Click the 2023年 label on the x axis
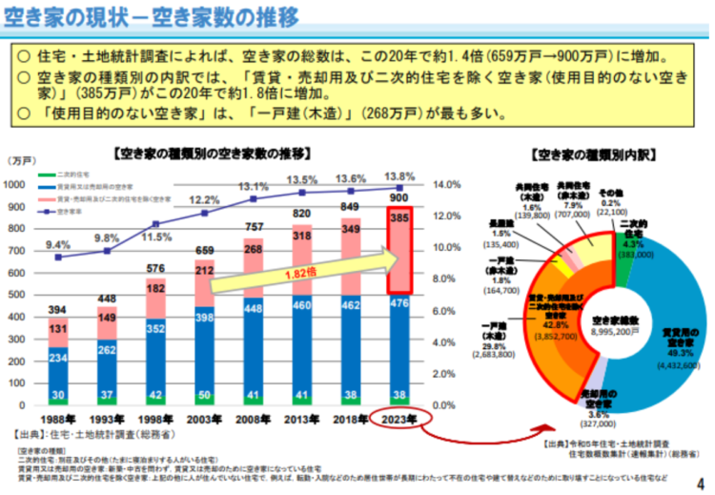[x=398, y=421]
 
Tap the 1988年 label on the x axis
[x=59, y=421]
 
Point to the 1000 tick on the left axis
[x=13, y=184]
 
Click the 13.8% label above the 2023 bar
[x=398, y=176]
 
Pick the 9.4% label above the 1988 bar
[x=57, y=245]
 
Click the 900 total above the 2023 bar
[x=398, y=197]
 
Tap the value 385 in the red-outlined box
[x=398, y=218]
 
